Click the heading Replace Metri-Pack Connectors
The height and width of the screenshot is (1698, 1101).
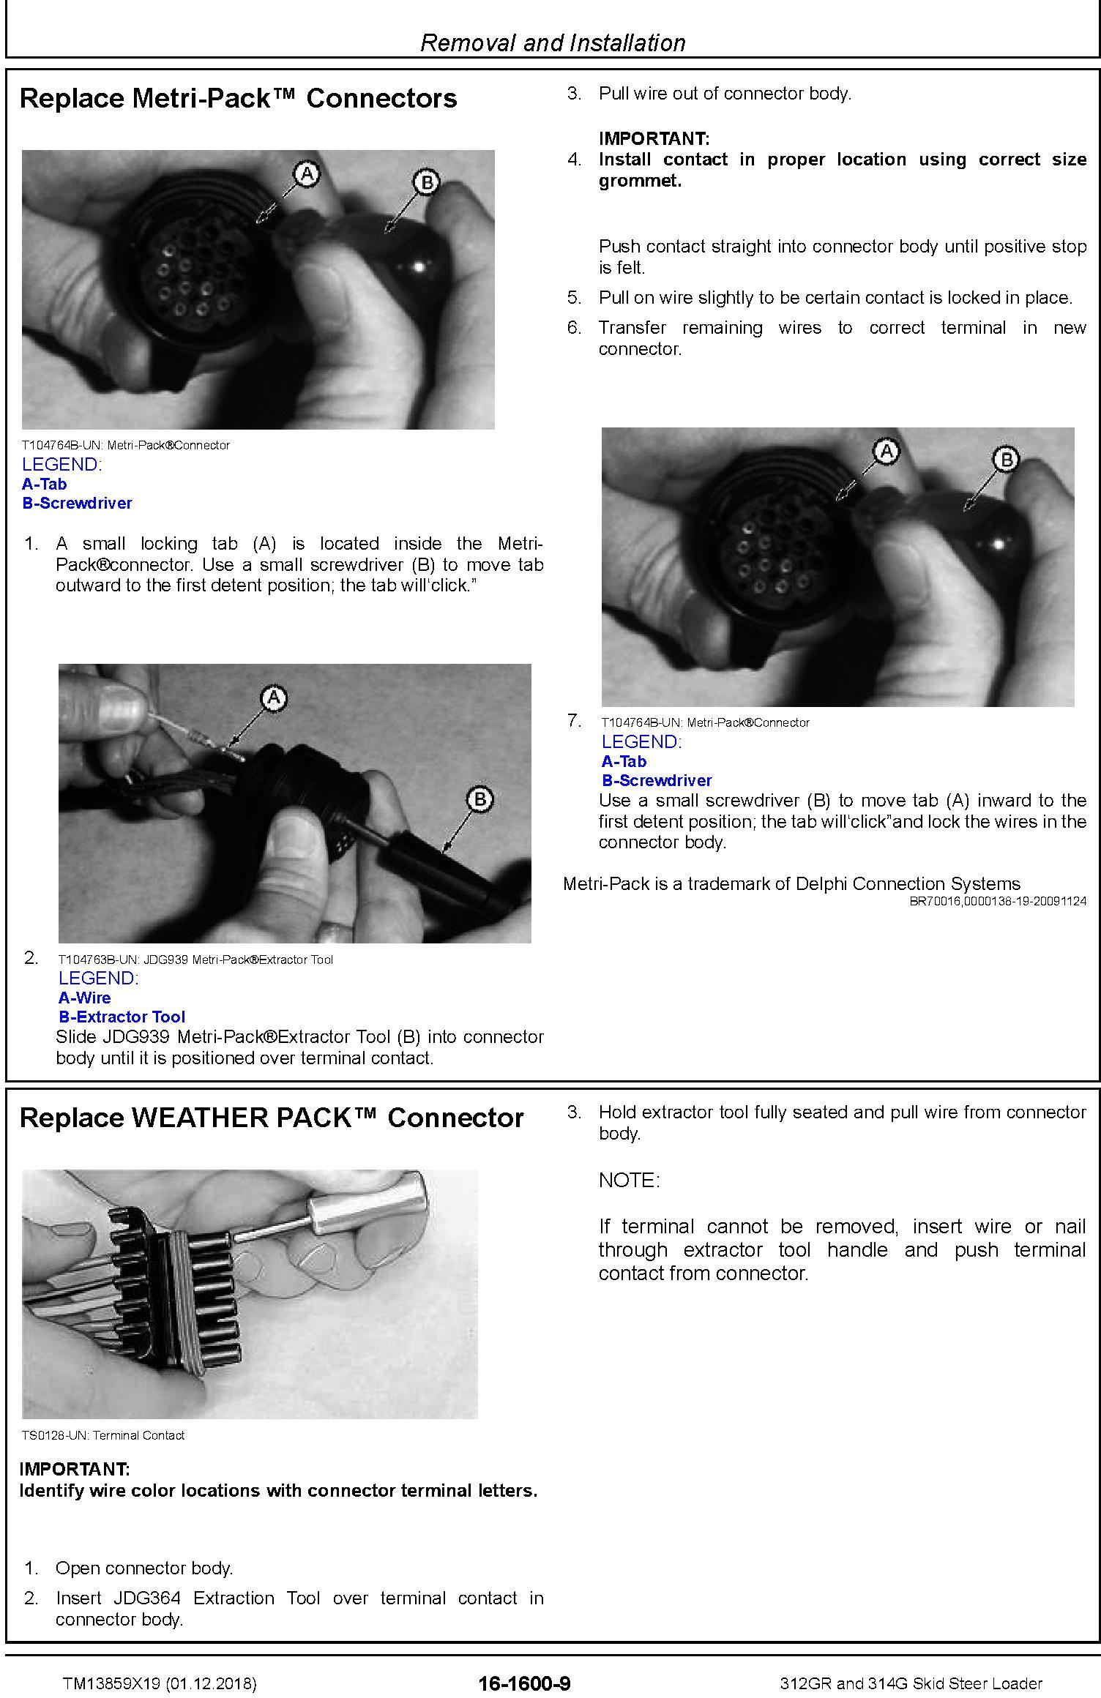tap(238, 98)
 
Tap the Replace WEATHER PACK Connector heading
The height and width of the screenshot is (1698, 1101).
tap(272, 1118)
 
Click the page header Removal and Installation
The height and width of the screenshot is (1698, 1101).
tap(553, 42)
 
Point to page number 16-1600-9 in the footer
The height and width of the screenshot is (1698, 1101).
tap(524, 1683)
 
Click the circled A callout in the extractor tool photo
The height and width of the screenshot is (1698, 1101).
tap(274, 697)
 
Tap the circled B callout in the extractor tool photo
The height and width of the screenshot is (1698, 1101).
tap(479, 798)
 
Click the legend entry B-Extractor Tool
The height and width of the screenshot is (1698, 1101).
tap(122, 1017)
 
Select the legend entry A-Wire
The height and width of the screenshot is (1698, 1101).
tap(85, 998)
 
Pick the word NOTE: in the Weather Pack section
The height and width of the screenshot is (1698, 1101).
tap(629, 1181)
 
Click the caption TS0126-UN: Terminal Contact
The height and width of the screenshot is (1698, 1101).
tap(103, 1435)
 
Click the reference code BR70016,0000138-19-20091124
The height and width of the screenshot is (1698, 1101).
tap(998, 901)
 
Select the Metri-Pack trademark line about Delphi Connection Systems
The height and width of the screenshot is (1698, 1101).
tap(791, 883)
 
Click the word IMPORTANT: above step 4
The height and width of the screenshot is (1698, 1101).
tap(654, 138)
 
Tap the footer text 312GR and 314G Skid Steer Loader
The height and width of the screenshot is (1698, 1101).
tap(911, 1683)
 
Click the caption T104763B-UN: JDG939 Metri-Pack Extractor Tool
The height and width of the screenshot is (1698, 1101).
tap(195, 960)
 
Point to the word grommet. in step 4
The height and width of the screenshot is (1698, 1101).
tap(640, 182)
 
